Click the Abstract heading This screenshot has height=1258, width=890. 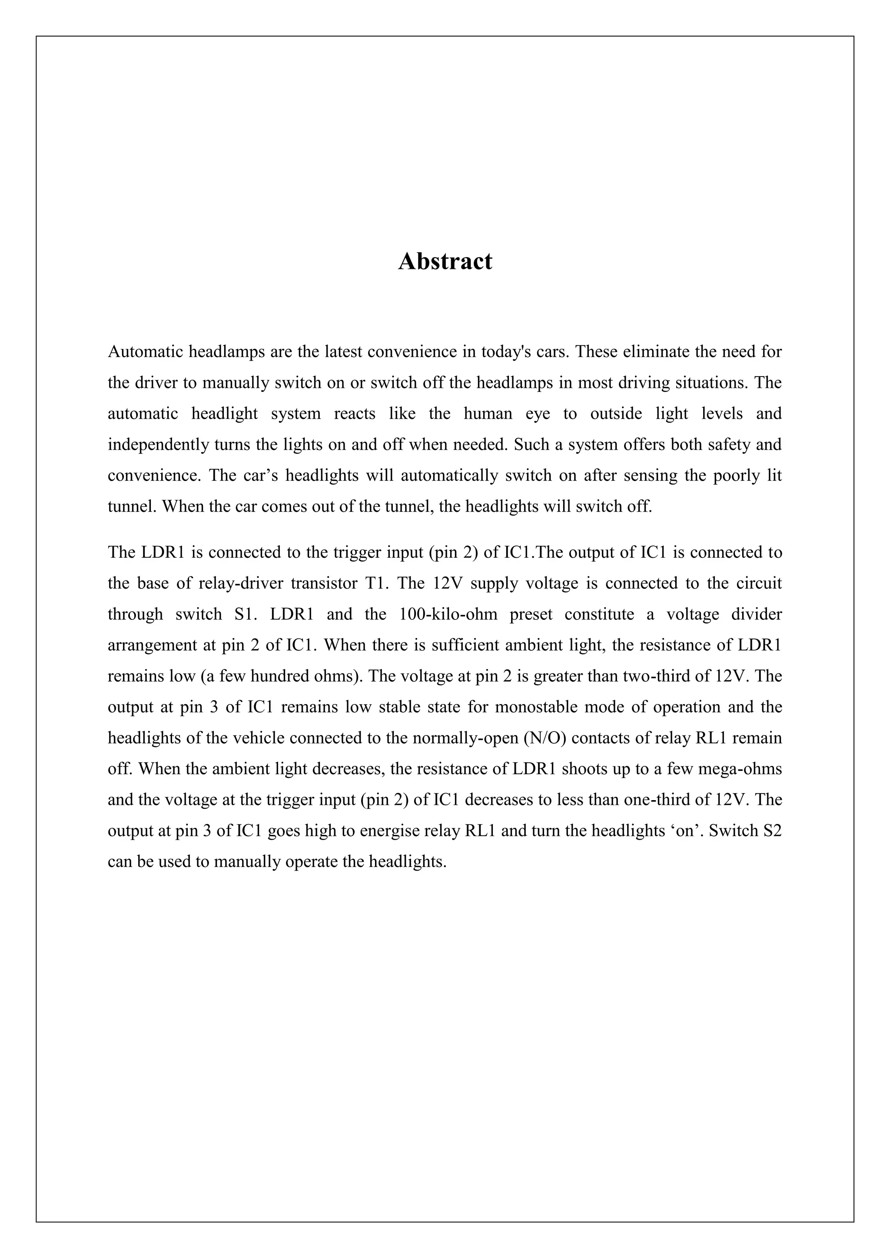pos(445,262)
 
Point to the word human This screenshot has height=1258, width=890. pos(488,413)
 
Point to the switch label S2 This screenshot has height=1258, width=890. pos(772,831)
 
